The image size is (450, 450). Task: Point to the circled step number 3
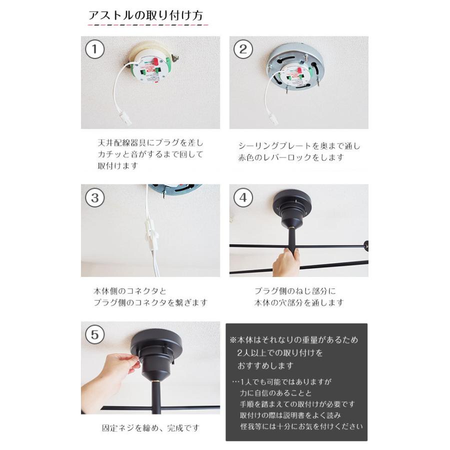pyautogui.click(x=95, y=197)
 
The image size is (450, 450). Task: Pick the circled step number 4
pyautogui.click(x=243, y=197)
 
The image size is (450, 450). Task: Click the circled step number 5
pyautogui.click(x=95, y=335)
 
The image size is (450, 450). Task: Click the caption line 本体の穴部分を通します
pyautogui.click(x=299, y=302)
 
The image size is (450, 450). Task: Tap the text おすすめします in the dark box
pyautogui.click(x=266, y=365)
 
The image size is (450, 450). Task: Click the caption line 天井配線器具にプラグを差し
pyautogui.click(x=150, y=142)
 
